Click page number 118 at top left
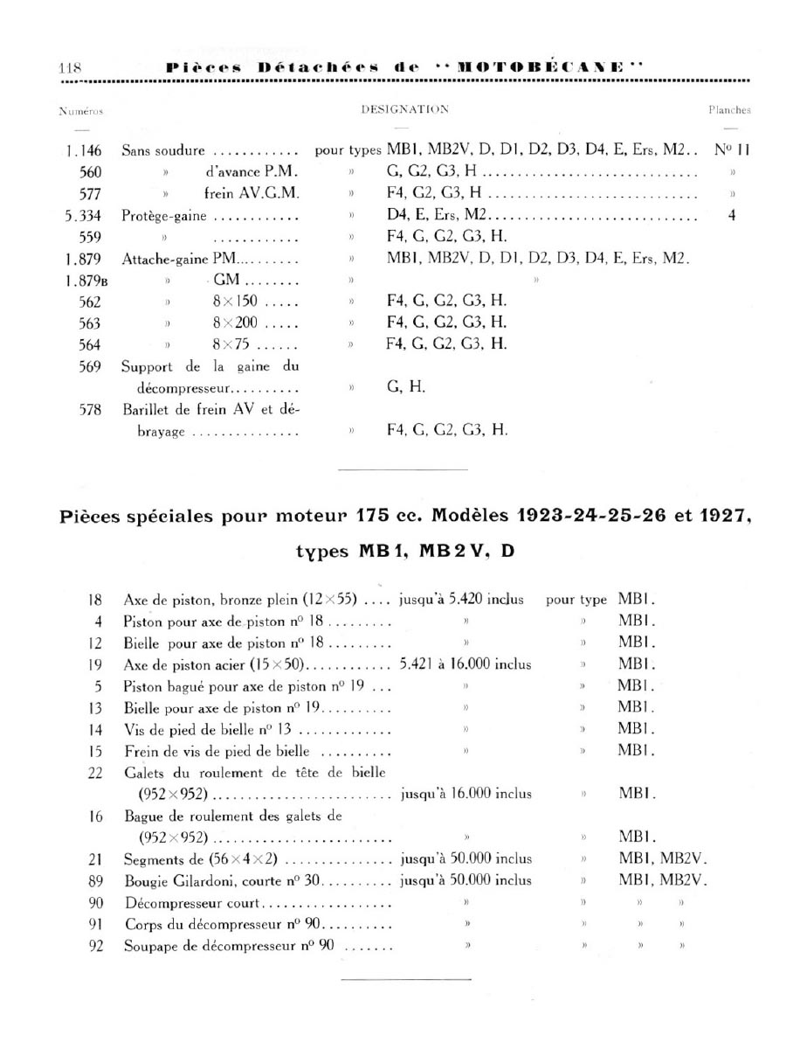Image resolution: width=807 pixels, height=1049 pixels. [69, 67]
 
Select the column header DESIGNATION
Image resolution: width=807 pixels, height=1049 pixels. [404, 110]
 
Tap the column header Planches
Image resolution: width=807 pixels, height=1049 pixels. [729, 111]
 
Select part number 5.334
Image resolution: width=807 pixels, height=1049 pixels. [86, 215]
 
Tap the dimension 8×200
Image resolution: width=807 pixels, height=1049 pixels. [232, 323]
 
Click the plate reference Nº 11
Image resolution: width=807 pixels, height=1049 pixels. [732, 150]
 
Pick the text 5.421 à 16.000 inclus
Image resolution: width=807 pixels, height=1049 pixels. [465, 664]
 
